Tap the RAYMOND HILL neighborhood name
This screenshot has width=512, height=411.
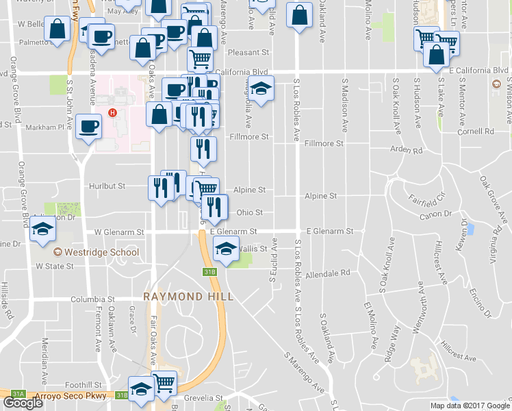coord(188,297)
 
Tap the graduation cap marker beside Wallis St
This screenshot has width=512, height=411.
coord(227,250)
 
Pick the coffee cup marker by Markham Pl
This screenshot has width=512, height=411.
coord(89,127)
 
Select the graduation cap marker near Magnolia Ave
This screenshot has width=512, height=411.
coord(260,89)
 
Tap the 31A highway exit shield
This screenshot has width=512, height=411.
coord(18,395)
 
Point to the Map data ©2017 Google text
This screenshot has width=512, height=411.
coord(470,406)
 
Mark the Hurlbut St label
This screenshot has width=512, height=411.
coord(107,186)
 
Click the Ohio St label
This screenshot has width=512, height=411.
coord(250,212)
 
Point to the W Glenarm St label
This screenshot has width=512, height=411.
coord(119,232)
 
